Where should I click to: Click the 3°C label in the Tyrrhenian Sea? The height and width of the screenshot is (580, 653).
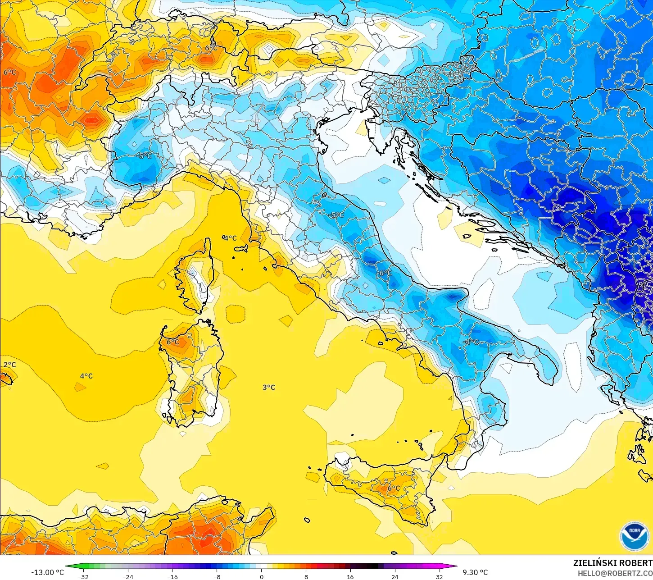(269, 387)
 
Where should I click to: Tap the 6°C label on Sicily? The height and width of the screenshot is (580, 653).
(394, 488)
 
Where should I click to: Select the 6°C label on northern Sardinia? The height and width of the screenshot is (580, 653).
(173, 342)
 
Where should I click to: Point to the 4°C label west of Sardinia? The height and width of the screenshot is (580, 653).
(86, 376)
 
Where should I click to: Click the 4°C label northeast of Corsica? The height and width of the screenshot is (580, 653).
(230, 238)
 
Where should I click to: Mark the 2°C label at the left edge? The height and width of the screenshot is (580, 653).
(9, 365)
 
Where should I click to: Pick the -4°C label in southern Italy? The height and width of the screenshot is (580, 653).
(471, 342)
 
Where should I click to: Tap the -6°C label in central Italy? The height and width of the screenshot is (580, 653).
(385, 273)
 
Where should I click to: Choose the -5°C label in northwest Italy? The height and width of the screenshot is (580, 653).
(144, 156)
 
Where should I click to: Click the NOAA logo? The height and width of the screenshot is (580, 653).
(634, 536)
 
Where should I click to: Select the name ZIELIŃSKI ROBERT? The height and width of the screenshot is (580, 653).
(612, 563)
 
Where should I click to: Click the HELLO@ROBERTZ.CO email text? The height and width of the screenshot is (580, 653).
(615, 573)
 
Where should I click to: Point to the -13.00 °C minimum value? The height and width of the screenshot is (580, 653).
(47, 572)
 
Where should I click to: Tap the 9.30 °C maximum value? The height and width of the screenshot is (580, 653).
(475, 572)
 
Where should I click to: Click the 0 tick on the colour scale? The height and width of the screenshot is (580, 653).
(261, 576)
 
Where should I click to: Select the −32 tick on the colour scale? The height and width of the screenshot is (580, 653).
(83, 576)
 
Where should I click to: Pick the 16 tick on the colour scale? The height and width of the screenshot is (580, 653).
(350, 576)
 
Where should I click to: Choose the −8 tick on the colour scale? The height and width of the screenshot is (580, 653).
(217, 576)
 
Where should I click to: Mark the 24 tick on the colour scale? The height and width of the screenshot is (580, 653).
(395, 576)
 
